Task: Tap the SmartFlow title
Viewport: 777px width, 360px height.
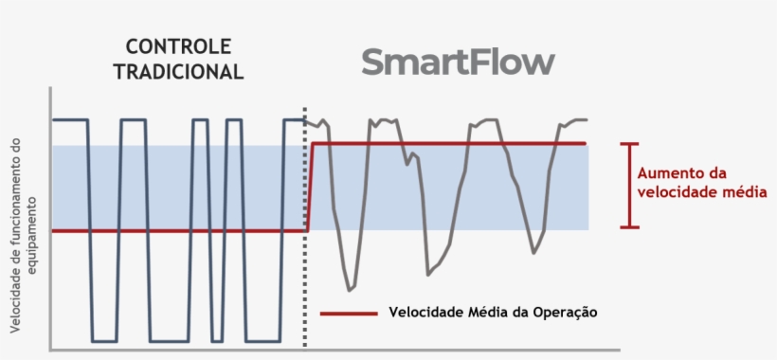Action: pyautogui.click(x=458, y=63)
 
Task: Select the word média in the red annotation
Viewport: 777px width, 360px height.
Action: pyautogui.click(x=744, y=192)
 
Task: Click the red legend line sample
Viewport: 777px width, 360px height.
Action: pyautogui.click(x=350, y=313)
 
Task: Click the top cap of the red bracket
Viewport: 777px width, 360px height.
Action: pyautogui.click(x=629, y=144)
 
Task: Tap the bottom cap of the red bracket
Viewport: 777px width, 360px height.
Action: pyautogui.click(x=629, y=226)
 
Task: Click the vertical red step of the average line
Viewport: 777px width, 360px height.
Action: pyautogui.click(x=310, y=187)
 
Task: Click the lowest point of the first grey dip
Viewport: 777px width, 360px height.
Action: pyautogui.click(x=352, y=288)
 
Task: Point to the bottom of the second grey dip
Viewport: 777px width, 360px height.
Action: pyautogui.click(x=428, y=274)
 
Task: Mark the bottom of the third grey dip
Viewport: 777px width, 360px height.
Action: pyautogui.click(x=534, y=253)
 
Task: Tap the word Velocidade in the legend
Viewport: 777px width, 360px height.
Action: pyautogui.click(x=421, y=313)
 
